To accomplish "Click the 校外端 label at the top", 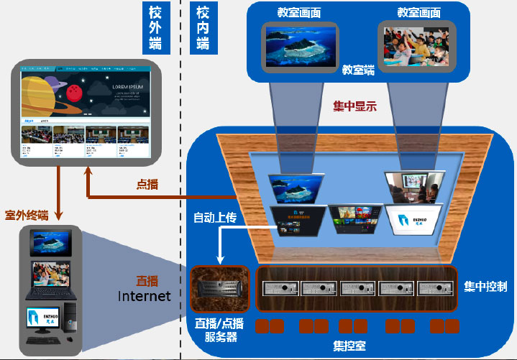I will (155, 27).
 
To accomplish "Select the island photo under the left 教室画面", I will (301, 46).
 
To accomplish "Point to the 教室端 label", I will (357, 70).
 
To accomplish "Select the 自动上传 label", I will (215, 216).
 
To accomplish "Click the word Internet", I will (144, 295).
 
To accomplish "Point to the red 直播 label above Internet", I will (147, 280).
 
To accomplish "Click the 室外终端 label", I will (27, 214).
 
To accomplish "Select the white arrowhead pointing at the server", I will (218, 262).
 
